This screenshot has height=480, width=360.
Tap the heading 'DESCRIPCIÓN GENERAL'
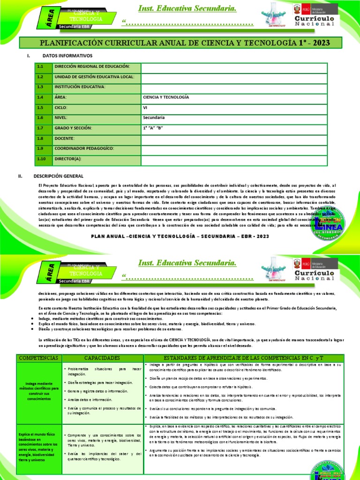(x=59, y=176)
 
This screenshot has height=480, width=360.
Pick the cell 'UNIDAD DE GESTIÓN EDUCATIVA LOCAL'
(x=94, y=77)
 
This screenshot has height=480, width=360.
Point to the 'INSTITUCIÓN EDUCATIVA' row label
(x=80, y=87)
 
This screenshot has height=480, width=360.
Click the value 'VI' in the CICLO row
(x=145, y=107)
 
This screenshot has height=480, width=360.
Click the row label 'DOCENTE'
(x=65, y=138)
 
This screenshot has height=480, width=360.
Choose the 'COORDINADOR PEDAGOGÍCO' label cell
(x=84, y=149)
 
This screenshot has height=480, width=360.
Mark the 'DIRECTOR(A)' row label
(x=68, y=159)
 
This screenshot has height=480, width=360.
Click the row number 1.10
(x=41, y=159)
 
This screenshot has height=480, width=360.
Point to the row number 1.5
(x=40, y=107)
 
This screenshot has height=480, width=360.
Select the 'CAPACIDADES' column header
(x=103, y=358)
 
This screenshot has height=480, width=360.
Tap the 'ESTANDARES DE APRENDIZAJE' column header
(x=244, y=358)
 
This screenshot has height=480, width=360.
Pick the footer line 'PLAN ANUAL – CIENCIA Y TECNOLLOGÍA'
(x=180, y=237)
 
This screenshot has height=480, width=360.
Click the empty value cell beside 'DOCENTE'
(x=233, y=138)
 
